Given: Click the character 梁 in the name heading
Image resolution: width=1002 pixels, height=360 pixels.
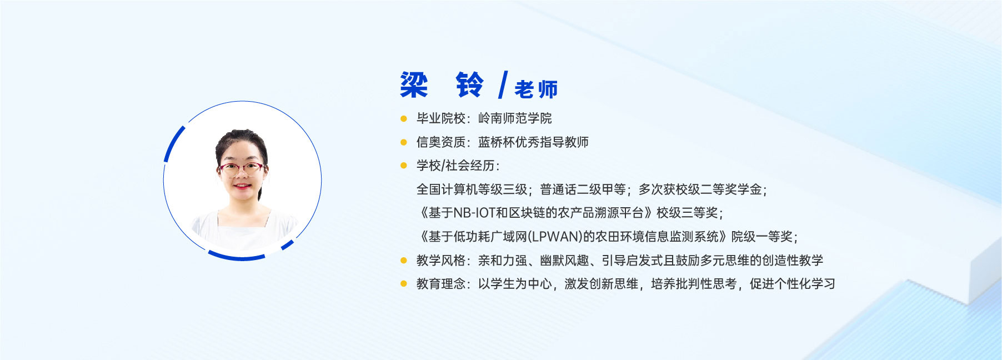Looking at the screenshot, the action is point(414,85).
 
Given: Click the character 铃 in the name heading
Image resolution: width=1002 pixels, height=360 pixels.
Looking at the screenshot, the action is point(470,85).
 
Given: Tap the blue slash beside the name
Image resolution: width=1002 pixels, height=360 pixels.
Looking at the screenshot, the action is point(503,84).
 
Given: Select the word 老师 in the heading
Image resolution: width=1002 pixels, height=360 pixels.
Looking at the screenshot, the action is point(536,89).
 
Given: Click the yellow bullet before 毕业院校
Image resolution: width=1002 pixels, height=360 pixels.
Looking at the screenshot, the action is point(404,118).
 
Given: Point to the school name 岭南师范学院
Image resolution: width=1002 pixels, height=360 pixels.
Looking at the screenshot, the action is point(515,118).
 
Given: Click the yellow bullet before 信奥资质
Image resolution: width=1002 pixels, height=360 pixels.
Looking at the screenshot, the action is point(404,142).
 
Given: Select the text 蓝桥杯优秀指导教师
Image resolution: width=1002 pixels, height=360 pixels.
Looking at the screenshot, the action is point(533,142).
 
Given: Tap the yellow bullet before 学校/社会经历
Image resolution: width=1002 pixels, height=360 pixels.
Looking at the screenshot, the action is point(404,166).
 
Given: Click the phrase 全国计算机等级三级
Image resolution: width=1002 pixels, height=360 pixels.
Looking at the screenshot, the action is point(472,189).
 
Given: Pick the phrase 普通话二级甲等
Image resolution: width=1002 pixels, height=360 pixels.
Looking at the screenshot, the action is point(583,189).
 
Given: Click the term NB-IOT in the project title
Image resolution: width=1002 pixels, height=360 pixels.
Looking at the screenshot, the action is point(474,213).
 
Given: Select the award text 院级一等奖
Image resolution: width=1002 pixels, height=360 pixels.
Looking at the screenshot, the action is point(761,237).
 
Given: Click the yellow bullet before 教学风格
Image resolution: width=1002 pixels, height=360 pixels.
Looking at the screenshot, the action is point(404,260).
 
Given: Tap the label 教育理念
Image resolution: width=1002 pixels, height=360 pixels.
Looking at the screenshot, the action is point(441,284).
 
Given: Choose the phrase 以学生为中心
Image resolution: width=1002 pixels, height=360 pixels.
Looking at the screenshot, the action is point(515,284).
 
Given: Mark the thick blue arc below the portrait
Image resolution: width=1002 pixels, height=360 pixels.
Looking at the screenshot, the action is point(237,257).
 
